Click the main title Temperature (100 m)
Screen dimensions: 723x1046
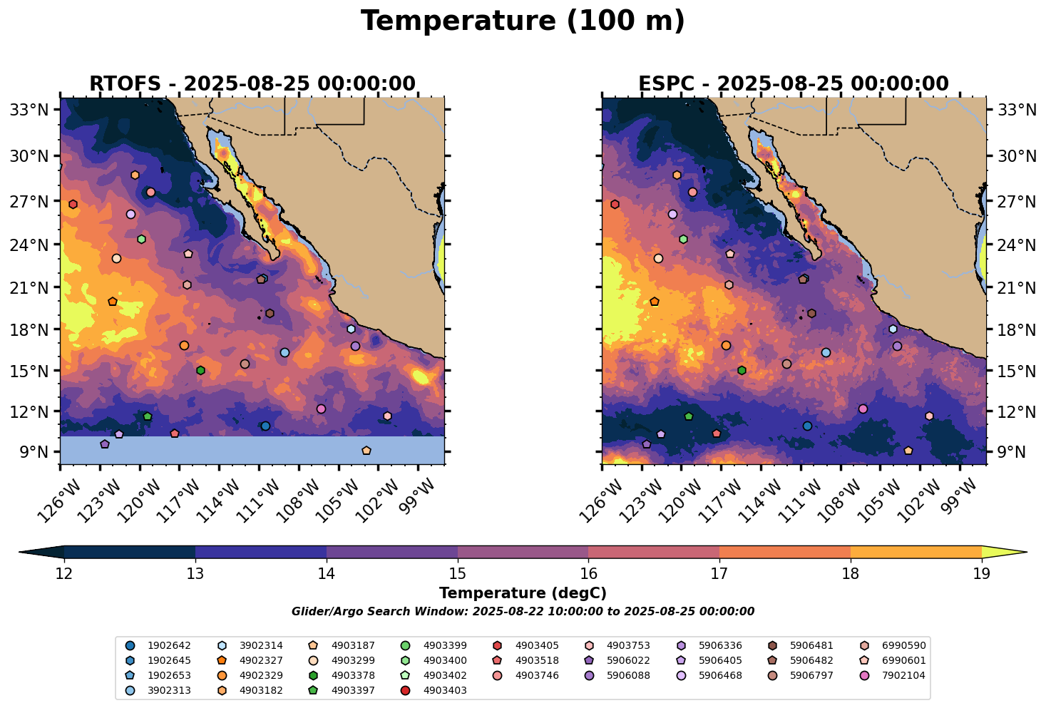(x=523, y=21)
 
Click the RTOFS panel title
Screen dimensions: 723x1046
(x=252, y=84)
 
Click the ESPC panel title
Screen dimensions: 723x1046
(x=794, y=84)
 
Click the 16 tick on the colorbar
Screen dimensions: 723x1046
(x=588, y=574)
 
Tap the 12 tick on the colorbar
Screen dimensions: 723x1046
(x=64, y=574)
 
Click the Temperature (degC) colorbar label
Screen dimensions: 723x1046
(x=523, y=593)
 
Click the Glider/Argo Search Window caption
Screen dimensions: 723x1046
(x=523, y=612)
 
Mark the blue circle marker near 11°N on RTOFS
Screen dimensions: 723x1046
(x=265, y=426)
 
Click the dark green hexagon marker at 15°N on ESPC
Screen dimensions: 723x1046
(x=742, y=370)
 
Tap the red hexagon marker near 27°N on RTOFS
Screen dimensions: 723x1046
(x=73, y=205)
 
